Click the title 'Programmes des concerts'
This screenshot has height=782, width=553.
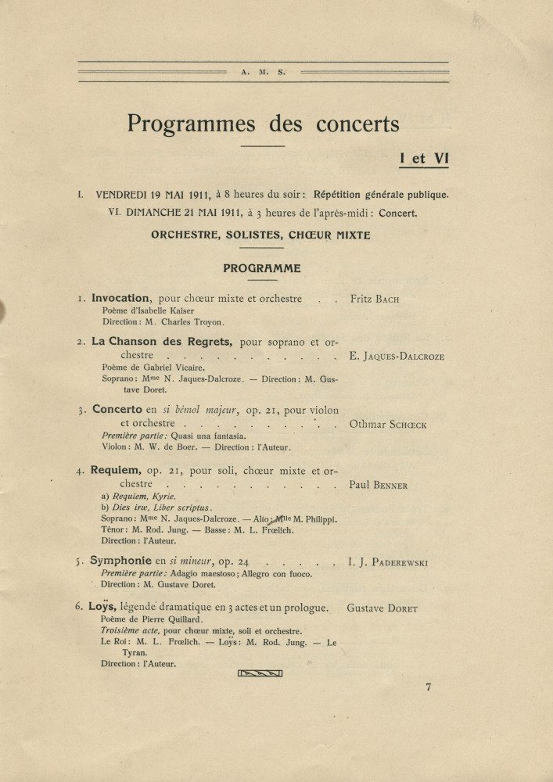[x=263, y=124]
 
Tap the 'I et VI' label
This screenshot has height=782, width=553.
[x=423, y=157]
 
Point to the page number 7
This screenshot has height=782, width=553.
[x=429, y=687]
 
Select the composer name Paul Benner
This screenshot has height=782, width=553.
[x=379, y=485]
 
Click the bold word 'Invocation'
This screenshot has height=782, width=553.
[x=120, y=298]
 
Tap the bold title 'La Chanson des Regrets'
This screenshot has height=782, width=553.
[x=162, y=341]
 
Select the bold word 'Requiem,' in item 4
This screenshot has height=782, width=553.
[x=119, y=471]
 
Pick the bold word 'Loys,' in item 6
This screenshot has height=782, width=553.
[x=103, y=607]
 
